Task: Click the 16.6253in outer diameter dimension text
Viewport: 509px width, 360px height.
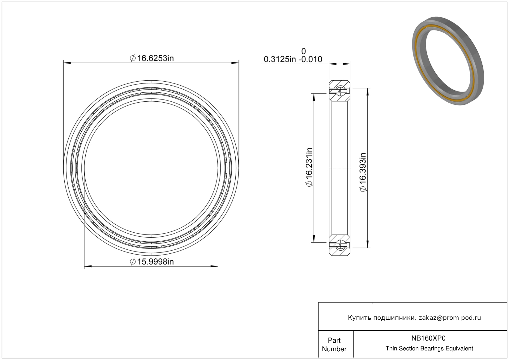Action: click(x=152, y=58)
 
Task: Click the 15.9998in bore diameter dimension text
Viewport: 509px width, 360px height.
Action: click(x=152, y=262)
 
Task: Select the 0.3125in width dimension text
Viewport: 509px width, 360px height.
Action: click(x=280, y=59)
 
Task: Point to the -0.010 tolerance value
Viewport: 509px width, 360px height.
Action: click(x=310, y=59)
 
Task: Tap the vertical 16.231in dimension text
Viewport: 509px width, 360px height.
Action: click(x=309, y=167)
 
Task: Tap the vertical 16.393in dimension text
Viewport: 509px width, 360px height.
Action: click(x=363, y=172)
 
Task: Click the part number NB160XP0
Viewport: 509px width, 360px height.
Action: click(x=428, y=338)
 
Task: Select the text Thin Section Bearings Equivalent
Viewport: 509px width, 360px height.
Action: click(x=429, y=348)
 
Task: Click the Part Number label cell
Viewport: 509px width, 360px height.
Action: click(x=334, y=345)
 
